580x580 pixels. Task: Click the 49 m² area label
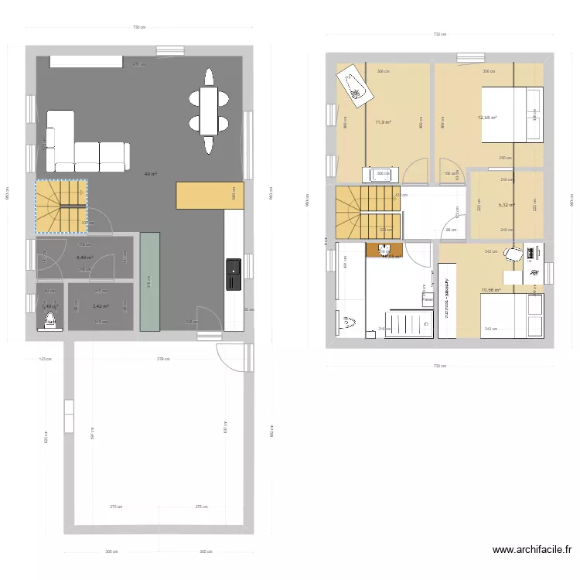point(151,174)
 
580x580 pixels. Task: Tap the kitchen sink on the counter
point(233,271)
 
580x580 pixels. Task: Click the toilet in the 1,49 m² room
point(51,319)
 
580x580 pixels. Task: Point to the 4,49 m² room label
point(84,258)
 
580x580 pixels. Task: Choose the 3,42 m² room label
point(101,306)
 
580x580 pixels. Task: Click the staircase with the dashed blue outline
point(61,206)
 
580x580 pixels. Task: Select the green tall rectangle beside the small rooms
point(150,281)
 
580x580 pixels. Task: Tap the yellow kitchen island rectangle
point(205,195)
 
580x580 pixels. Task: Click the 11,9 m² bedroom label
point(383,122)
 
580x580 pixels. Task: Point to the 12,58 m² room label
point(487,118)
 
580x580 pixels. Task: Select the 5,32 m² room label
point(507,205)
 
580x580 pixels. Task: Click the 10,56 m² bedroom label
point(490,290)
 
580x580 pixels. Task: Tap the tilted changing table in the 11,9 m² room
point(355,84)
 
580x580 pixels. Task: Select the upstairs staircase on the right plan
point(368,212)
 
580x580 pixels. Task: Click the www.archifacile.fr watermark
point(532,551)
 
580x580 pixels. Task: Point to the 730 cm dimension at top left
point(138,28)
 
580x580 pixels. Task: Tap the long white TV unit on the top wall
point(85,60)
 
